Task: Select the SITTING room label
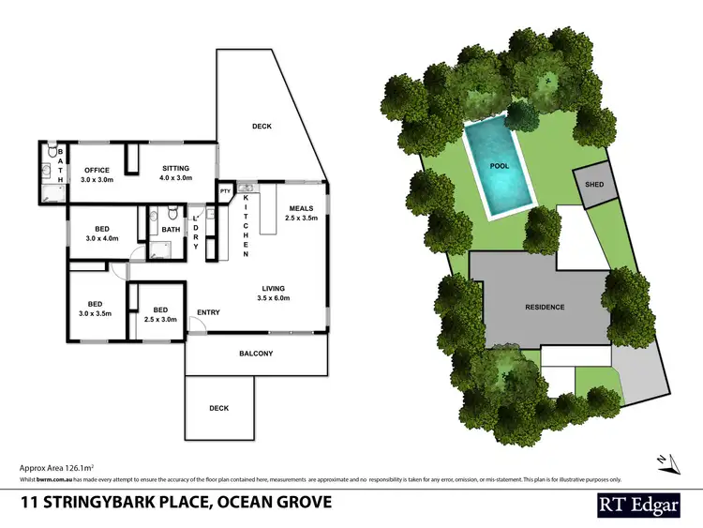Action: point(175,170)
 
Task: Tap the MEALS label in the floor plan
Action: point(300,209)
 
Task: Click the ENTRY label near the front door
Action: point(208,312)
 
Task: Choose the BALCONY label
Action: point(256,354)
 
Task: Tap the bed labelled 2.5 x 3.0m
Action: point(160,310)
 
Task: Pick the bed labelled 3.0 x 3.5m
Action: point(95,305)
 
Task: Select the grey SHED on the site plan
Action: point(594,185)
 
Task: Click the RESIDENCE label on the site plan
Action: point(544,307)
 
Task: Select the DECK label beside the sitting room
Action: point(262,126)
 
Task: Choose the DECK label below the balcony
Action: point(218,408)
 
